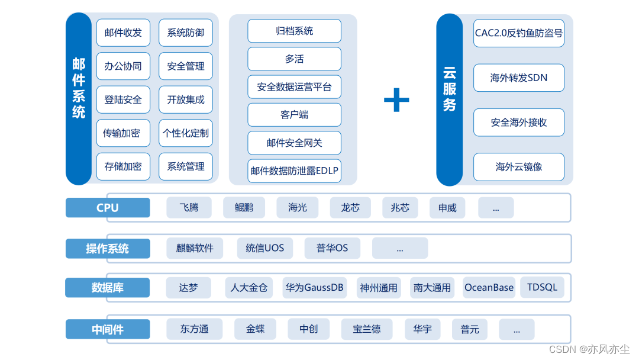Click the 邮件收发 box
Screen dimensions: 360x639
[x=123, y=33]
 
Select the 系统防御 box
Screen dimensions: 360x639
[x=186, y=33]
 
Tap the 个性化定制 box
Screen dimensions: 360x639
[x=186, y=133]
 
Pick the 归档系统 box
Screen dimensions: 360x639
[x=294, y=31]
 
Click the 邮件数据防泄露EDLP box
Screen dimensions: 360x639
[x=294, y=171]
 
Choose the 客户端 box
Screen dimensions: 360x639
[x=294, y=115]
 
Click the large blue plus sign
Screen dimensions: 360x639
[x=396, y=99]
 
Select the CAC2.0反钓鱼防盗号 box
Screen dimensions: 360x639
[x=518, y=33]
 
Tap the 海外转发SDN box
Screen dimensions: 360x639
[x=518, y=78]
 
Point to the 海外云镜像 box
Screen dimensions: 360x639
[x=518, y=167]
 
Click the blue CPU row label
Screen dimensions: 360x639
[x=108, y=208]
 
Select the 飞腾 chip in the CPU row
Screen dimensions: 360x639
[x=189, y=208]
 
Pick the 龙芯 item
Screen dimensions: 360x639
[x=350, y=208]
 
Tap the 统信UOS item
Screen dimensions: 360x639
[x=265, y=248]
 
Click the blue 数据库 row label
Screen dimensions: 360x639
[x=108, y=288]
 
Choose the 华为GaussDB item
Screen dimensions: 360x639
[x=314, y=288]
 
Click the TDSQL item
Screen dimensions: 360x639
[x=542, y=287]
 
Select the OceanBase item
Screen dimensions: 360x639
[x=489, y=288]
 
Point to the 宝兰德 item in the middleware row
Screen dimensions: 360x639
[x=367, y=329]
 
